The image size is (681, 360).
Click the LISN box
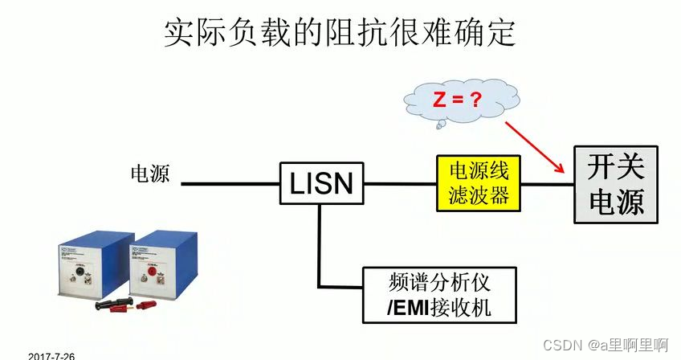coord(320,183)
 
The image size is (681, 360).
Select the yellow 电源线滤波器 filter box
coord(478,183)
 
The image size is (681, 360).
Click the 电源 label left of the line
coord(150,174)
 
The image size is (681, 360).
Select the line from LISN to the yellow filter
coord(400,184)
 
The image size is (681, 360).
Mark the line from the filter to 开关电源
coord(547,184)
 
